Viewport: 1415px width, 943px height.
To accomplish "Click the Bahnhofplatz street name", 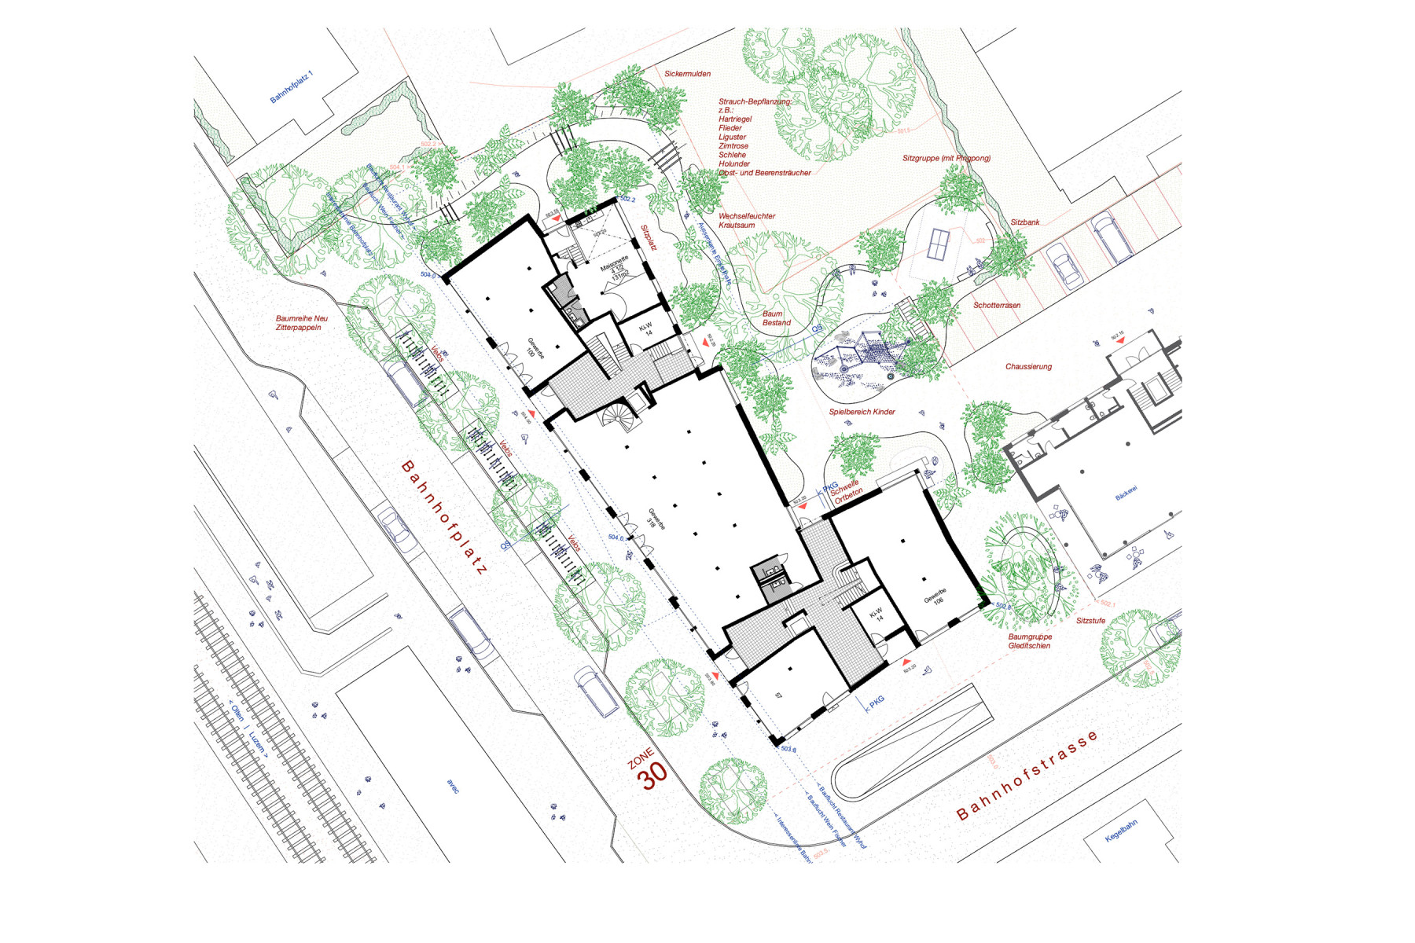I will click(x=444, y=518).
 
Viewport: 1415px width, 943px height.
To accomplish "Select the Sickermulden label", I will click(x=687, y=74).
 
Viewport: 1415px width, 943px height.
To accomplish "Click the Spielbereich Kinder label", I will click(x=862, y=412).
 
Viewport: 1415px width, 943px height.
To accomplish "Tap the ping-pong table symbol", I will click(x=938, y=243).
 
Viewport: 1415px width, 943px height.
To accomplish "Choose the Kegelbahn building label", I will click(x=1121, y=831).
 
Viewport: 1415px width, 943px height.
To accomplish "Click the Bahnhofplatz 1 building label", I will click(x=291, y=87).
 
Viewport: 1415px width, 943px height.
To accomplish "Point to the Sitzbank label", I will click(x=1024, y=222).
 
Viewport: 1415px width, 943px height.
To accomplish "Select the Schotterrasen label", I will click(x=997, y=305).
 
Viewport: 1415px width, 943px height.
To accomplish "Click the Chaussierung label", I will click(x=1028, y=366).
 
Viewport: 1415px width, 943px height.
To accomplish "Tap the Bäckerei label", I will click(x=1126, y=494).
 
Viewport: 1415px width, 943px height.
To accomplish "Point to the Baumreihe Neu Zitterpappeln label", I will click(x=301, y=323).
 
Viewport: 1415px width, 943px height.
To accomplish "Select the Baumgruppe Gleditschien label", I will click(x=1029, y=641).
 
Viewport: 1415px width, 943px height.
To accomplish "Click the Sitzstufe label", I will click(x=1090, y=621).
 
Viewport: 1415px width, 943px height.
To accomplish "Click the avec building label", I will click(x=453, y=786).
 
